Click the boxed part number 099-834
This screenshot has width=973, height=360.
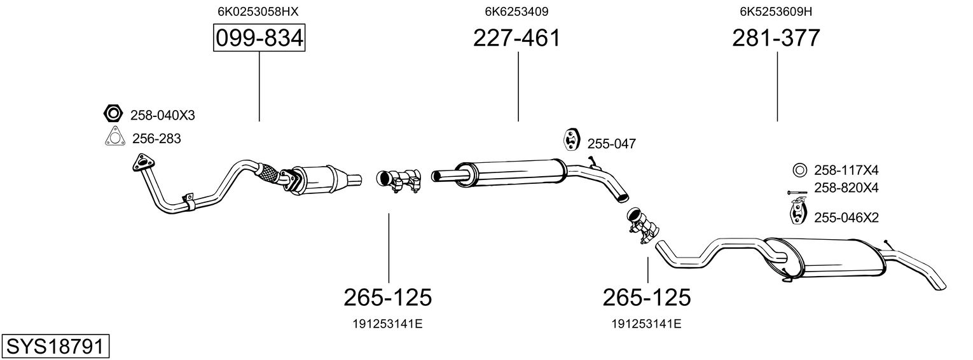click(259, 39)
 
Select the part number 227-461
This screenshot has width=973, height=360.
click(517, 39)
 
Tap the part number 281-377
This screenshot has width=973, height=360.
click(776, 39)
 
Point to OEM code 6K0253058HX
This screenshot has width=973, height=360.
click(258, 11)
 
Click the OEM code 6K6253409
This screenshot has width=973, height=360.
click(517, 11)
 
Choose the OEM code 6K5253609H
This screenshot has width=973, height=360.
click(776, 11)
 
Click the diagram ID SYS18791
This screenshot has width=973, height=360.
click(55, 347)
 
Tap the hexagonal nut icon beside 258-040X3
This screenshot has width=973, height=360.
click(113, 114)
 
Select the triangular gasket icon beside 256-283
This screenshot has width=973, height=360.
click(114, 137)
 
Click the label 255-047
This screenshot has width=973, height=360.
click(611, 144)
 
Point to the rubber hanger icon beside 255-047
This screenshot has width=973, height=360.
click(570, 140)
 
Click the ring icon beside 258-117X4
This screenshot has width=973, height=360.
click(799, 170)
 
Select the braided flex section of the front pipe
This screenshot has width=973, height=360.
click(269, 174)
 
